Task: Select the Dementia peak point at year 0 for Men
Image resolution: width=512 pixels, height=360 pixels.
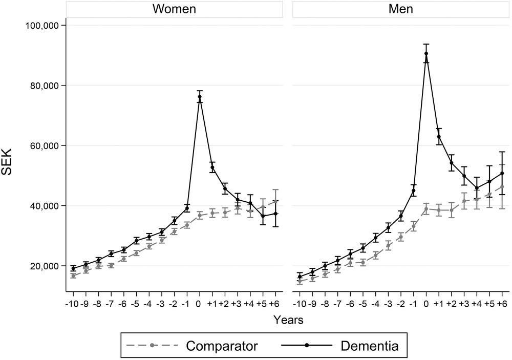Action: (x=426, y=53)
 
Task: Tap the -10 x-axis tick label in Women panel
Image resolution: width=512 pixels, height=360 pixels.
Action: (x=72, y=304)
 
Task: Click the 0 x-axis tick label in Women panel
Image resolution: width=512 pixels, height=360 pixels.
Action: (x=200, y=304)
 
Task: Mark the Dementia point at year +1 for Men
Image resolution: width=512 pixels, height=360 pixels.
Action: (x=439, y=137)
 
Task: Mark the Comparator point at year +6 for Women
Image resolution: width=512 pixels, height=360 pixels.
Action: (x=276, y=202)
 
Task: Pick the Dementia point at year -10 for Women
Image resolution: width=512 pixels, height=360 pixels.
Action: (x=73, y=268)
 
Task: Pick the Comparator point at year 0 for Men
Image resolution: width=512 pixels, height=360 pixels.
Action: (x=426, y=209)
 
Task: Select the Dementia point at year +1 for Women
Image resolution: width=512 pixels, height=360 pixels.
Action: (x=212, y=167)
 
